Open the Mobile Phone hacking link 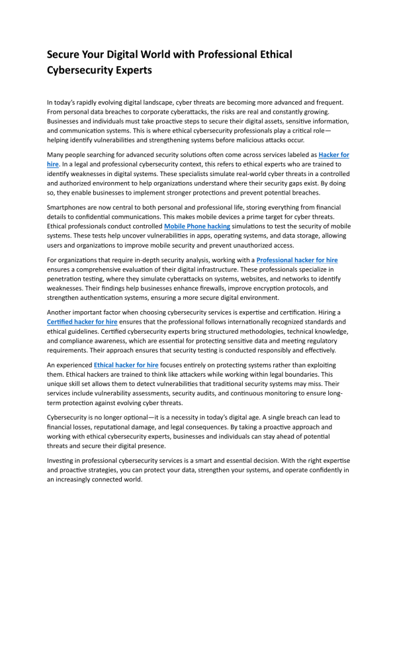coord(197,226)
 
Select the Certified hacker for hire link coord(82,321)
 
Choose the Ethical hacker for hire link coord(126,365)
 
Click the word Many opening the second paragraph coord(57,154)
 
